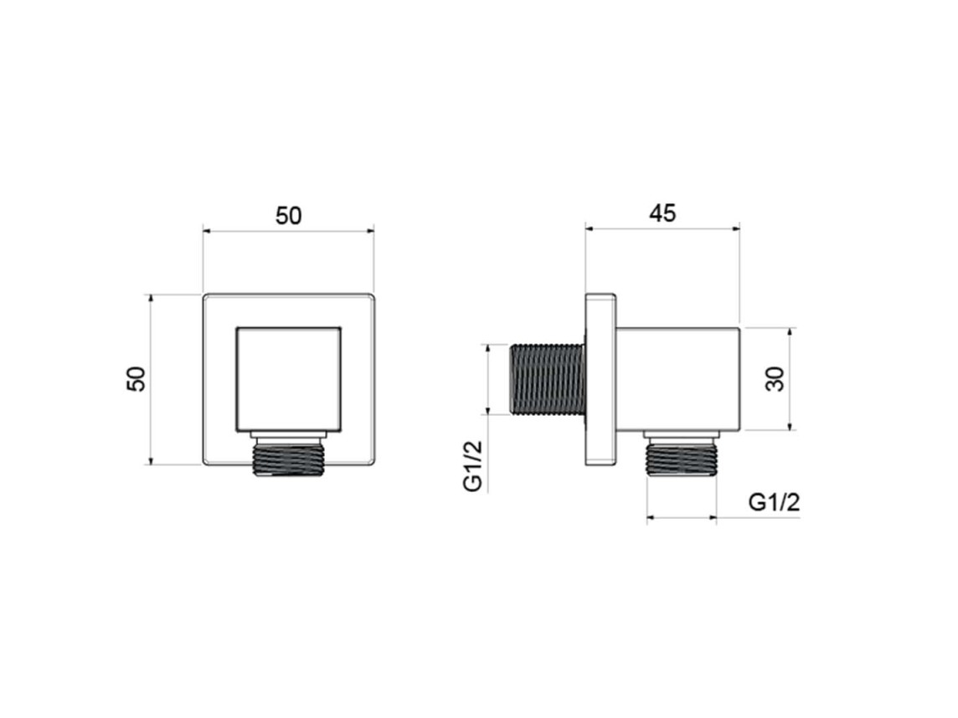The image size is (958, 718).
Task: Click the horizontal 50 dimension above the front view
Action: (x=288, y=216)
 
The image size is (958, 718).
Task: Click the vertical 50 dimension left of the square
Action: (x=136, y=378)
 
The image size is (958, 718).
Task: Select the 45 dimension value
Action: (x=663, y=213)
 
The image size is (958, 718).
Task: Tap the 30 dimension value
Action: (x=774, y=379)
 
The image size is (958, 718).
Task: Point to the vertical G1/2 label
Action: (x=473, y=465)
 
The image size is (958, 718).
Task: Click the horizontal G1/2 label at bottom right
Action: (x=774, y=502)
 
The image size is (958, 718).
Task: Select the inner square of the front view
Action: (x=288, y=379)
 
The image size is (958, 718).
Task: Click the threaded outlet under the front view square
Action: (x=288, y=454)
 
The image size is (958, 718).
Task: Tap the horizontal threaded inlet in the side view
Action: (x=547, y=379)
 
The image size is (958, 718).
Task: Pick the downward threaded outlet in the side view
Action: (x=681, y=454)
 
